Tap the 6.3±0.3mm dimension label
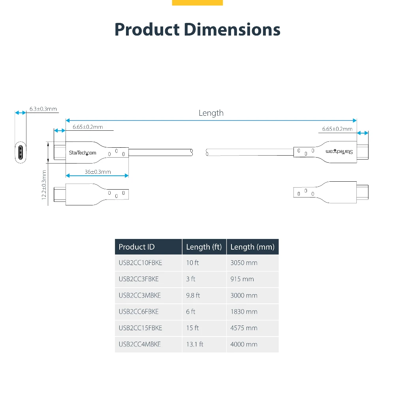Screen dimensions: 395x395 tap(43, 109)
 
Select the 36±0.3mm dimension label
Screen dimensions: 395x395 tap(98, 172)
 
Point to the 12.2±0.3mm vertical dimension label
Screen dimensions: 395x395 tap(44, 185)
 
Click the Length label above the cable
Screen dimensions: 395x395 tap(211, 113)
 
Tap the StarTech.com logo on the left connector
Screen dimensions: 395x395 tap(83, 153)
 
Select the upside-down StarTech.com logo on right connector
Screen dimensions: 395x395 tap(339, 151)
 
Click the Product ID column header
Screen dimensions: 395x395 tap(137, 247)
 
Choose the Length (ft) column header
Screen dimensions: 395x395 tap(204, 247)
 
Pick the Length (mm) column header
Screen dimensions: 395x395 tap(252, 247)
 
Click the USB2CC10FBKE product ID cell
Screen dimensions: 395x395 tap(140, 263)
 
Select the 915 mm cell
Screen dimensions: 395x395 tap(242, 279)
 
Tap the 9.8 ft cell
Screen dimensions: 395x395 tap(193, 295)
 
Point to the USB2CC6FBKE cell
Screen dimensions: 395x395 tap(139, 312)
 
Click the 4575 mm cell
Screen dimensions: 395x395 tap(244, 328)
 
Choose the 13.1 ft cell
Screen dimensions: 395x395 tap(195, 344)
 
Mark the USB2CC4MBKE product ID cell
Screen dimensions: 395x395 tap(140, 344)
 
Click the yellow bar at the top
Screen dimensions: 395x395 tap(197, 2)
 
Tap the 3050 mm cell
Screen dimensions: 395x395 tap(244, 263)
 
